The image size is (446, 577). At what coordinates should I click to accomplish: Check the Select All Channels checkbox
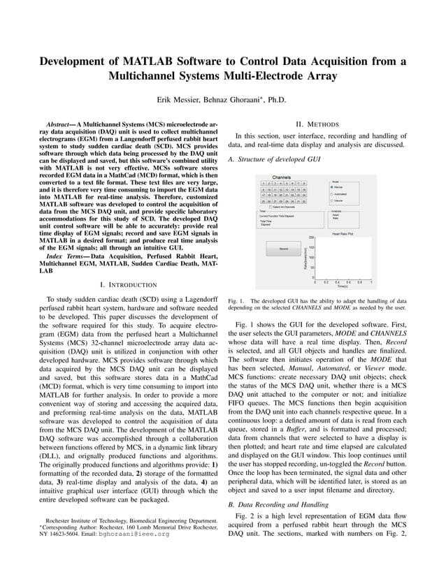pyautogui.click(x=271, y=207)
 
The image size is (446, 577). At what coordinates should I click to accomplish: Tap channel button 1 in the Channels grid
pyautogui.click(x=261, y=183)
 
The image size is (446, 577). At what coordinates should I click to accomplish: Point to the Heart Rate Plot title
pyautogui.click(x=342, y=233)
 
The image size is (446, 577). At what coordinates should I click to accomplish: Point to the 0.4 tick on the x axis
pyautogui.click(x=337, y=281)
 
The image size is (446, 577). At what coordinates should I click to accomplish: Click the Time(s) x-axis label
pyautogui.click(x=342, y=286)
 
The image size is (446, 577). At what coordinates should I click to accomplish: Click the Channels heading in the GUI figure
pyautogui.click(x=282, y=177)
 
